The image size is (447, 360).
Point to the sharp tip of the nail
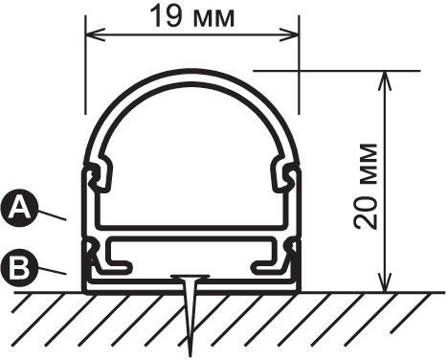pos(190,350)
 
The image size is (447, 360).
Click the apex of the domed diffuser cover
pos(192,72)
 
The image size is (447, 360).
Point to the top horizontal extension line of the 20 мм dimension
pos(335,70)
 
